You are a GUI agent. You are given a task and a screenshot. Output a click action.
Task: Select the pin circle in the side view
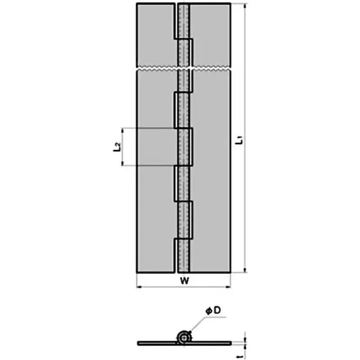click(183, 337)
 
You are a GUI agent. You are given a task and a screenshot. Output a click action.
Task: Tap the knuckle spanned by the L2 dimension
click(184, 147)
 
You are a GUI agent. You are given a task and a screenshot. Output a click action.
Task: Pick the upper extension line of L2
click(148, 129)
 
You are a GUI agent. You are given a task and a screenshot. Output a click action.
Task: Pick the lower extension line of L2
click(148, 166)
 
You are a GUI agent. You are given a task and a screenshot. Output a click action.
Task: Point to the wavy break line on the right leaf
click(211, 69)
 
